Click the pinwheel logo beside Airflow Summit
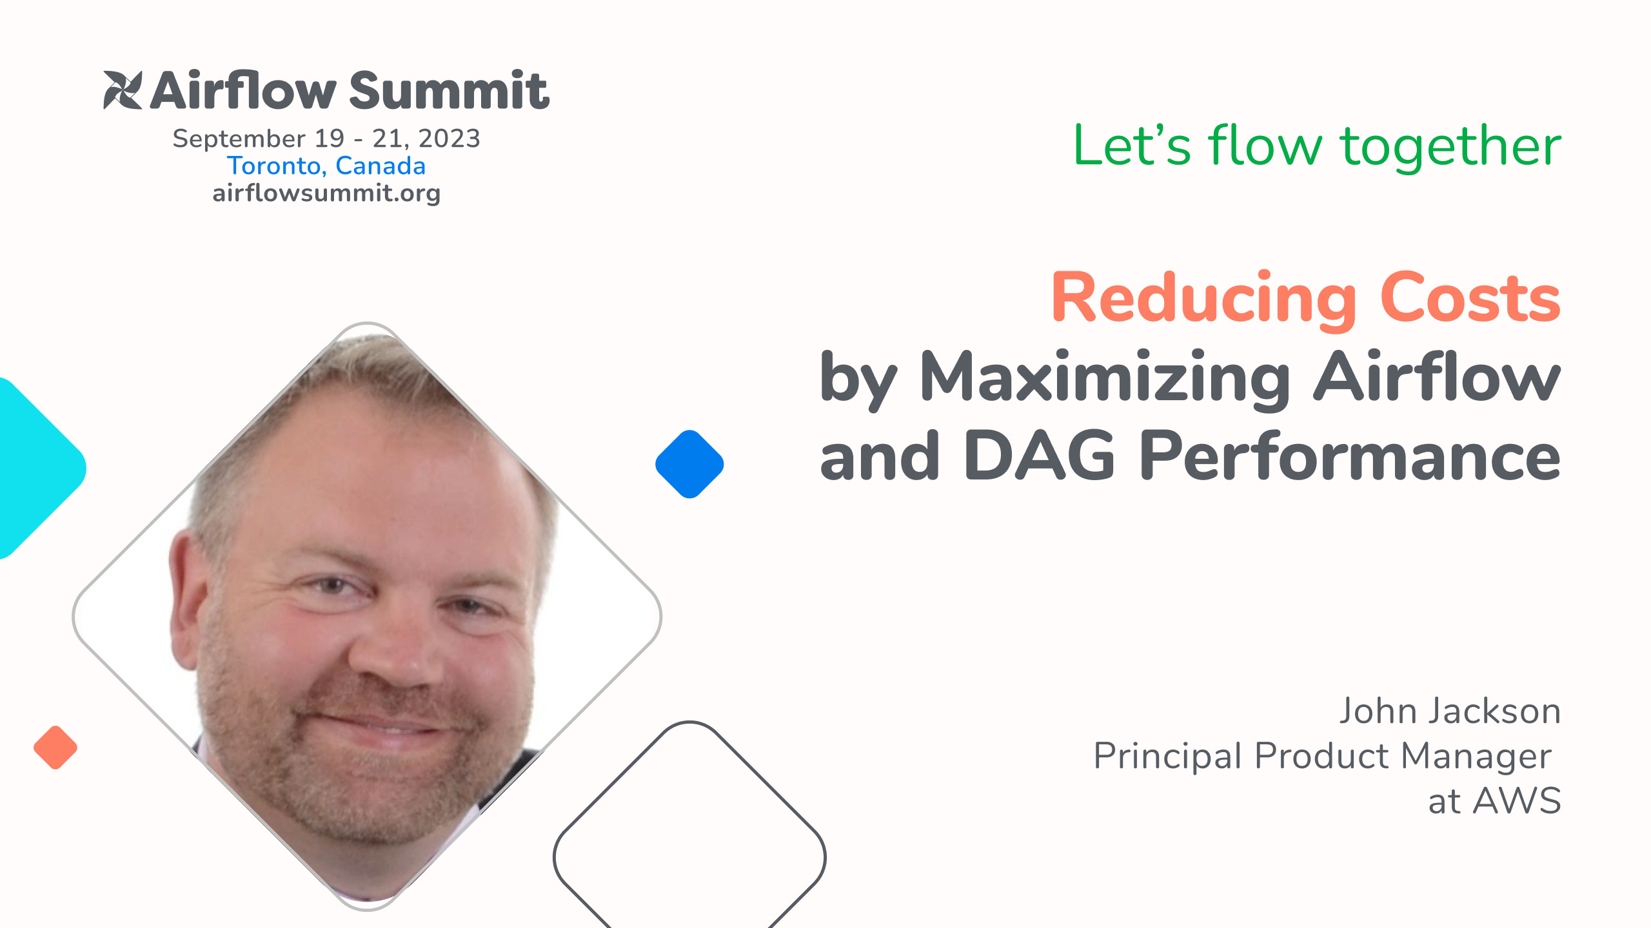pos(123,90)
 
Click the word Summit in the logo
pos(449,91)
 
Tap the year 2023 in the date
pos(449,139)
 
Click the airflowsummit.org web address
pos(326,193)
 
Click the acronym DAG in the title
pos(1038,456)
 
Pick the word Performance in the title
pos(1350,456)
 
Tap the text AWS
pos(1517,801)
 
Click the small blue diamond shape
pos(689,464)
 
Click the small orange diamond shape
pos(55,748)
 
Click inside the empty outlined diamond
pos(689,851)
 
